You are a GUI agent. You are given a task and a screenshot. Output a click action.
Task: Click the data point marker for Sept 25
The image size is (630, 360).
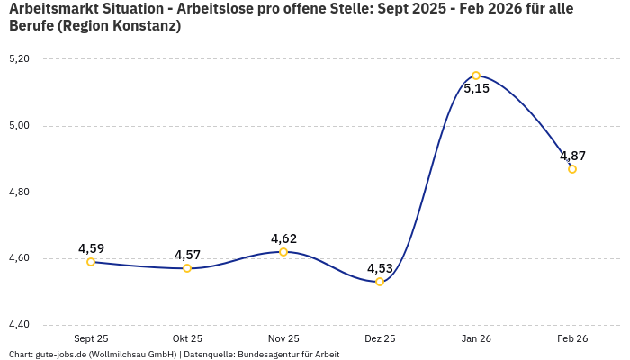[91, 262]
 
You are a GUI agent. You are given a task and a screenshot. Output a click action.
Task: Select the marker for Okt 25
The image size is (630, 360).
[187, 268]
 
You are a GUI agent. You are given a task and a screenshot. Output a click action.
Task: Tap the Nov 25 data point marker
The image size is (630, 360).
[283, 252]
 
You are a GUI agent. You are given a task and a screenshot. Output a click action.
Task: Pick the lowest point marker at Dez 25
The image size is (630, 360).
[380, 282]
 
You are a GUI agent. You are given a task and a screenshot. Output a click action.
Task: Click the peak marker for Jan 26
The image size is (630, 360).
[476, 76]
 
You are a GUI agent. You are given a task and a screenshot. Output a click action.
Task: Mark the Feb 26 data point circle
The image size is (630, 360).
[572, 169]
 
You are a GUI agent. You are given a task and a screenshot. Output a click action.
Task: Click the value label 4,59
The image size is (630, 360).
[91, 248]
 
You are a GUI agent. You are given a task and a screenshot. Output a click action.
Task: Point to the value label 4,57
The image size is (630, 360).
[187, 255]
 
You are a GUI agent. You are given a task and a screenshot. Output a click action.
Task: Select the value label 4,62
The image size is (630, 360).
[283, 238]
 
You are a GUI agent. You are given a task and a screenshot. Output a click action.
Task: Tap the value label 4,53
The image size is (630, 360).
[380, 268]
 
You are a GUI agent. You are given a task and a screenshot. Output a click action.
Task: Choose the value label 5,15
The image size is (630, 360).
[476, 88]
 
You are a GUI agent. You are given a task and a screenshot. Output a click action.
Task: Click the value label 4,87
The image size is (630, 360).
[572, 156]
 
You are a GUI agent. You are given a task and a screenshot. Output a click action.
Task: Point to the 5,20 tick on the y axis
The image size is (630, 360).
[19, 59]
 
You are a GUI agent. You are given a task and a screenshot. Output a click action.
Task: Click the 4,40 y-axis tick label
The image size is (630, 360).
[19, 325]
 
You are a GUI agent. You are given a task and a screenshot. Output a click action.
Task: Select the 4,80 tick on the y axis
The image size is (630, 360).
[19, 193]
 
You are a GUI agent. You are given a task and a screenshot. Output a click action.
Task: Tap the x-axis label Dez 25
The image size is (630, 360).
[380, 338]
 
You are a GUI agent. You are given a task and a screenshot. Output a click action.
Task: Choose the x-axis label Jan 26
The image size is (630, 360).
[476, 338]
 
